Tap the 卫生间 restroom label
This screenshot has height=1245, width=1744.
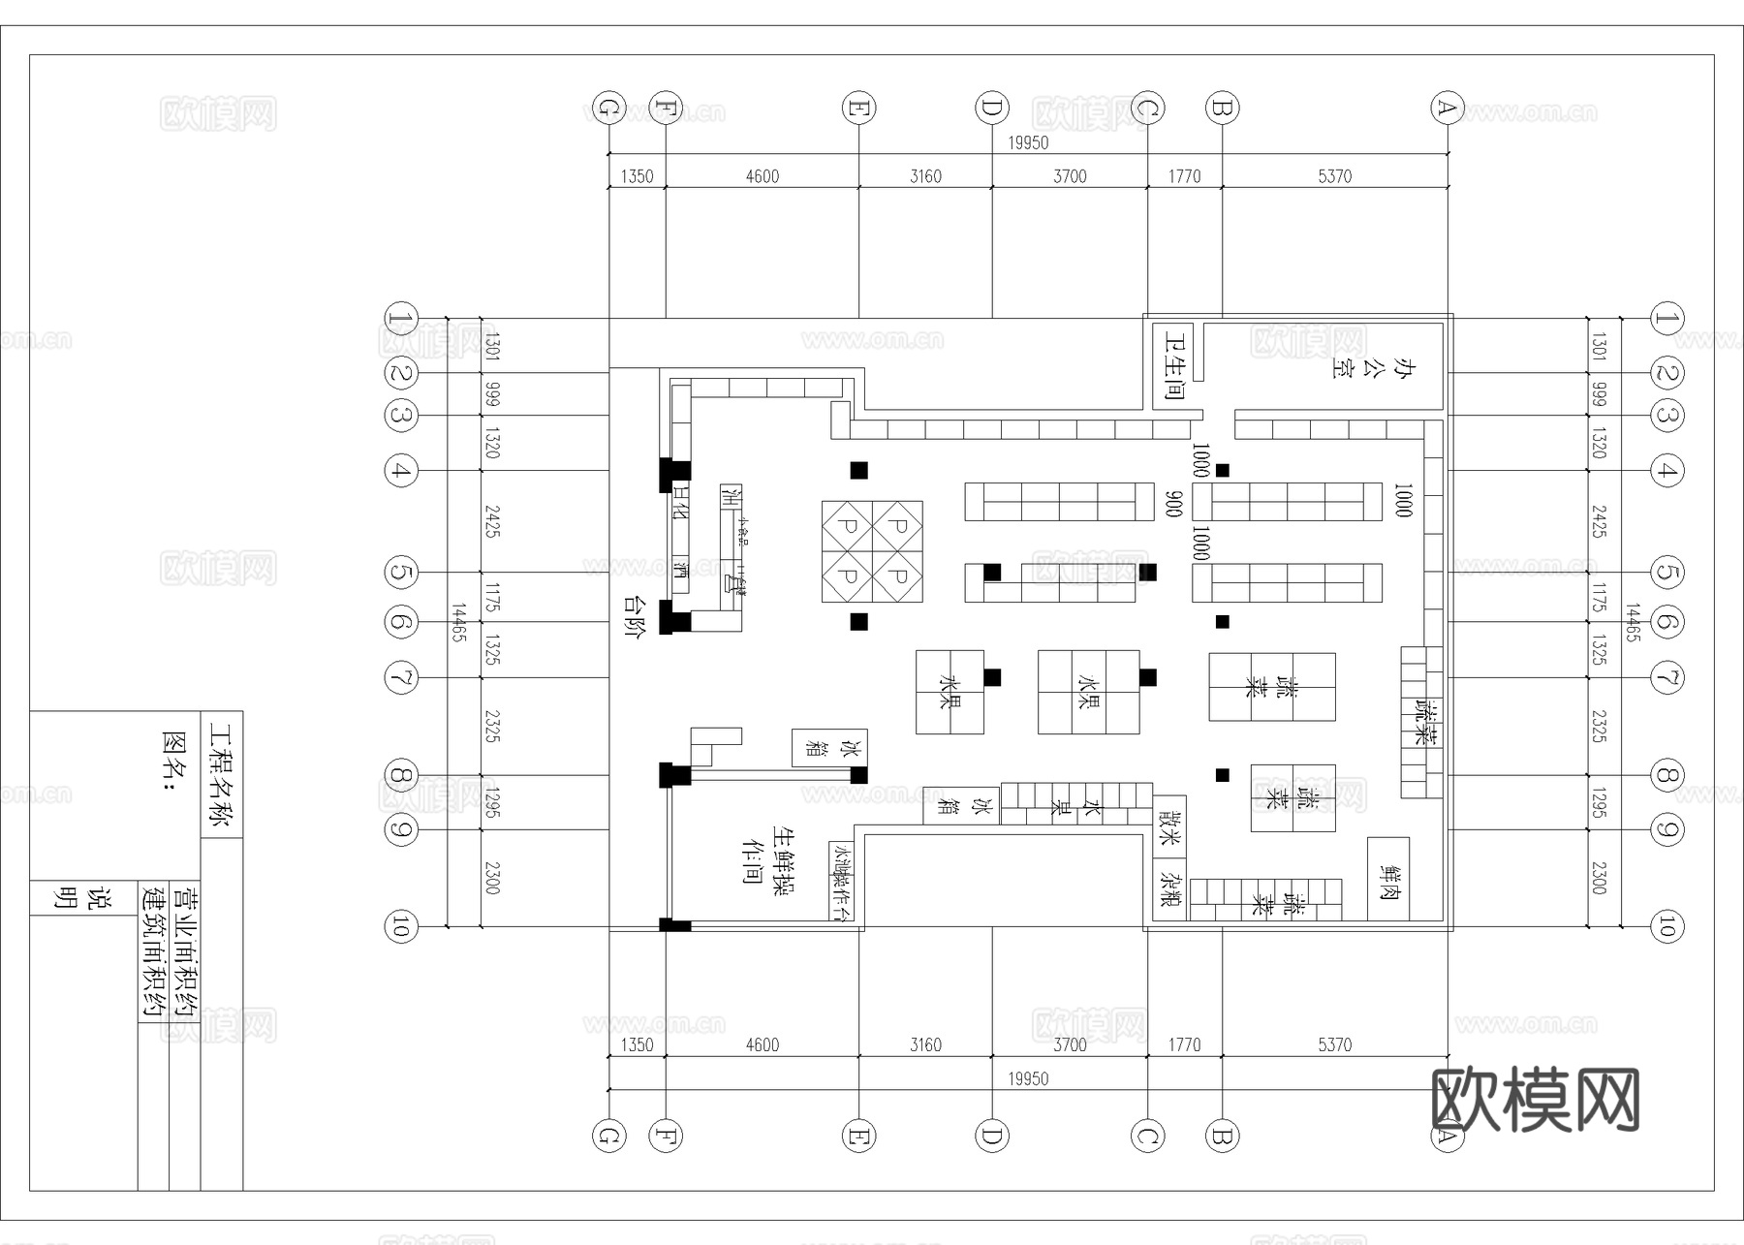coord(1174,366)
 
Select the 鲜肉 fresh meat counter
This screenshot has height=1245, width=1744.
coord(1388,879)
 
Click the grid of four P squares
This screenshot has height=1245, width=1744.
coord(872,551)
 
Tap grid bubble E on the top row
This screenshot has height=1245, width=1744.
coord(858,108)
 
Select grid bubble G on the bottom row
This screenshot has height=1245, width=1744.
coord(608,1136)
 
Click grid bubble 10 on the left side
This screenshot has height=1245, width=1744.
coord(400,926)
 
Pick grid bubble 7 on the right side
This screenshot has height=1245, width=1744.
coord(1666,676)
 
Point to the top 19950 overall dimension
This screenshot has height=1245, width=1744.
coord(1028,142)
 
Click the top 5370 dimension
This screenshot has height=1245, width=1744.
coord(1334,176)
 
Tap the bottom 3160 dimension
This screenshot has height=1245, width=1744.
coord(925,1044)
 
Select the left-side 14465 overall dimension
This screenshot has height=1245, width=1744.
coord(459,622)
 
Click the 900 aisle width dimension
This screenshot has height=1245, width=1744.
coord(1174,504)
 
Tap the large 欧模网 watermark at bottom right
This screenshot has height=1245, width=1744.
coord(1535,1100)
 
